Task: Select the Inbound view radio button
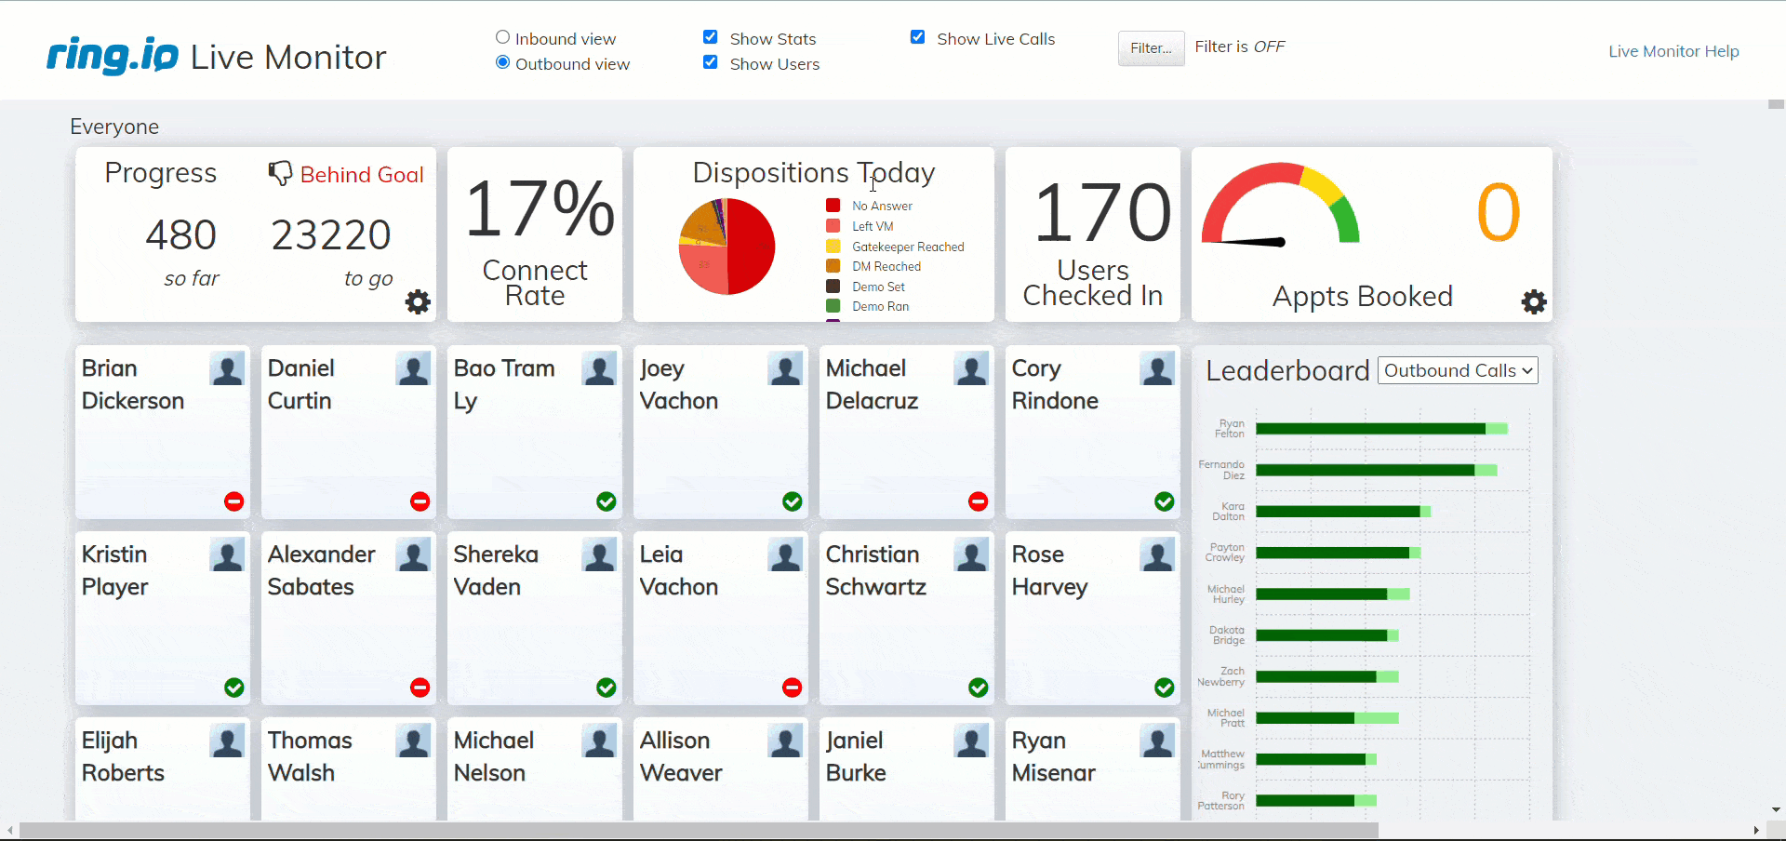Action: click(x=502, y=38)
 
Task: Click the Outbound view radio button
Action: click(x=502, y=63)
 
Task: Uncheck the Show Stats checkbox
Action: click(x=711, y=38)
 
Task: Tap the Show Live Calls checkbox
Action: click(x=918, y=38)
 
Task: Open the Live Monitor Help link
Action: click(x=1673, y=51)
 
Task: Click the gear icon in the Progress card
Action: click(x=418, y=301)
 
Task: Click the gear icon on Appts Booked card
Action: click(x=1534, y=301)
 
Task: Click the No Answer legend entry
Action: click(x=881, y=206)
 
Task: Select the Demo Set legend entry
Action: click(x=878, y=287)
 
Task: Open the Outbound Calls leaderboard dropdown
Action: click(x=1457, y=370)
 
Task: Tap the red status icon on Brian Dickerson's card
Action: click(x=234, y=501)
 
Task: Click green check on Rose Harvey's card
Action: click(x=1164, y=687)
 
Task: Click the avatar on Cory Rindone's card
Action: click(x=1157, y=369)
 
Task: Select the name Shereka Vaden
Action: click(x=496, y=570)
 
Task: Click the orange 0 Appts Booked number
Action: click(x=1498, y=213)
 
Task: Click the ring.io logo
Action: click(x=113, y=56)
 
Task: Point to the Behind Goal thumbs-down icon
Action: click(x=280, y=173)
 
